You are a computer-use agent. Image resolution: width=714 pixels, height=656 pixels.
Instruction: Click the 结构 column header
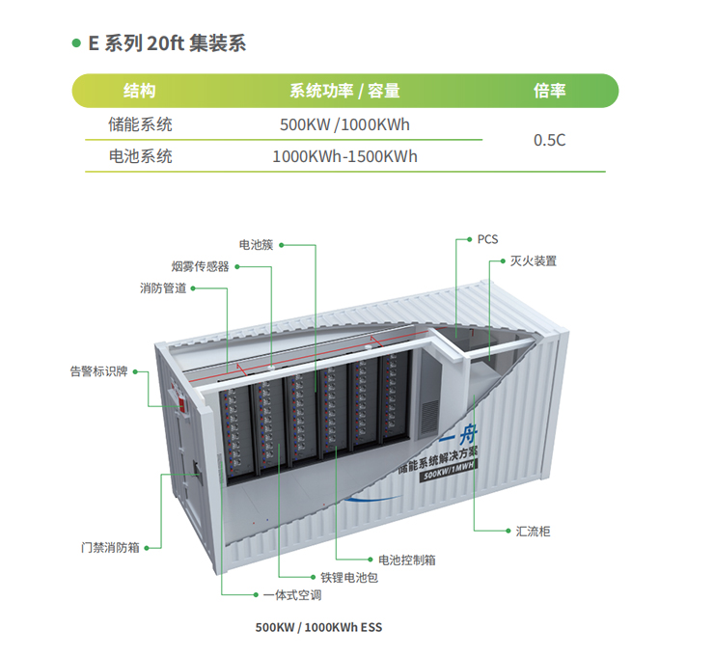coord(139,91)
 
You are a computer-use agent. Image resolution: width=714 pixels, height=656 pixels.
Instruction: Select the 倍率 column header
coord(550,91)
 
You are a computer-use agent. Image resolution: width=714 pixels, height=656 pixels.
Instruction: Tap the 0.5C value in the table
coord(550,140)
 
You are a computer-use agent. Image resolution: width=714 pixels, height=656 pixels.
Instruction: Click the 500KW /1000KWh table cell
coord(344,124)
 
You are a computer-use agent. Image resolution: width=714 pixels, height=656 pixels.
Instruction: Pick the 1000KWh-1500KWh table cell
coord(344,156)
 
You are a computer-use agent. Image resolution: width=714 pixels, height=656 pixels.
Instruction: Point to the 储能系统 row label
coord(140,124)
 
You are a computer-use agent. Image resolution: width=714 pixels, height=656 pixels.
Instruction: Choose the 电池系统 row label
coord(140,156)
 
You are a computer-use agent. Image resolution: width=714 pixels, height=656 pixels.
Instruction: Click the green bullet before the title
coord(76,43)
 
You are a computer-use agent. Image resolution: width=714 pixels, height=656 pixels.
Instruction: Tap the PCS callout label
coord(487,239)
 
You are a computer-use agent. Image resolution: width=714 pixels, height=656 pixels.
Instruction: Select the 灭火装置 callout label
coord(534,261)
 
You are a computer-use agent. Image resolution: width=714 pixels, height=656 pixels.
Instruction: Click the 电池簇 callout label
coord(256,245)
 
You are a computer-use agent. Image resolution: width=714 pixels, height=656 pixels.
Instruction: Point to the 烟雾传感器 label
coord(200,266)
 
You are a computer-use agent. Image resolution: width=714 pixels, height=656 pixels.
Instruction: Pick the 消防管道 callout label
coord(163,288)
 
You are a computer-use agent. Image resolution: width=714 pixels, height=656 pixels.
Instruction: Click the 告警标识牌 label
coord(98,371)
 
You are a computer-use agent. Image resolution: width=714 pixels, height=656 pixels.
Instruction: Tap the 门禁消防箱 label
coord(110,548)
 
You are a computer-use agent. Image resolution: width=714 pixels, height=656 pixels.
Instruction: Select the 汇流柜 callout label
coord(533,532)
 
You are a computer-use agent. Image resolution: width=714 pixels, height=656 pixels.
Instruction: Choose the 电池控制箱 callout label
coord(407,560)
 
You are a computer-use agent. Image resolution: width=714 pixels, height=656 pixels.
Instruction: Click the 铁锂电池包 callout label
coord(349,578)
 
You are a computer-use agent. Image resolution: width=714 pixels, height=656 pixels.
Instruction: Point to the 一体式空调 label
coord(292,595)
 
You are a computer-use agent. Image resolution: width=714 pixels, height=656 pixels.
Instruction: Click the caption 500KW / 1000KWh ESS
coord(318,627)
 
